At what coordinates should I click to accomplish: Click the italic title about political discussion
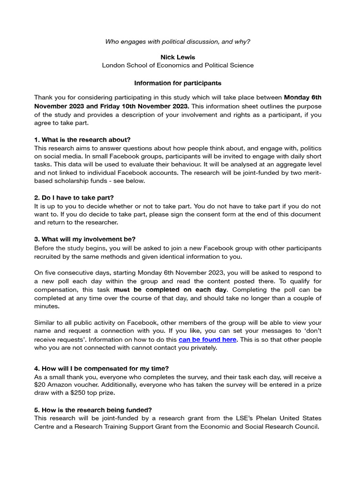(178, 42)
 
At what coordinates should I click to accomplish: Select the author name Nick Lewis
(178, 57)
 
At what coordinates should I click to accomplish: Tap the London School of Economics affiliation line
(178, 65)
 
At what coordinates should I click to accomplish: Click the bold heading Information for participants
(178, 83)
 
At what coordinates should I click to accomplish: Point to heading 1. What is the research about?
(82, 140)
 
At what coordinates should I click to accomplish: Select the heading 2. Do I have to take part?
(74, 198)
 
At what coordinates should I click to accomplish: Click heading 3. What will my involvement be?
(85, 239)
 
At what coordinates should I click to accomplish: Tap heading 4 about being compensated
(97, 368)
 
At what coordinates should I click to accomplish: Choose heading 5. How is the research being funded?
(93, 410)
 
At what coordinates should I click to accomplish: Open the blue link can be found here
(207, 339)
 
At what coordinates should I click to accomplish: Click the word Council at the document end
(306, 427)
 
